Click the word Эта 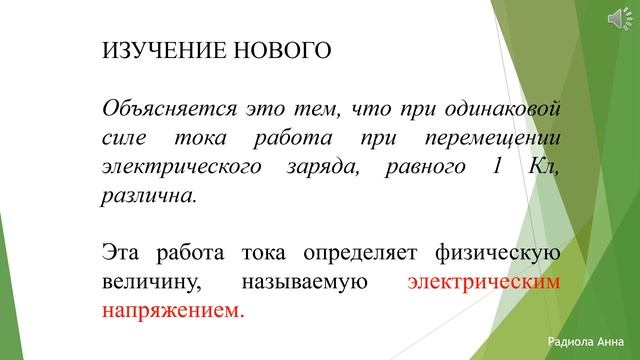click(122, 251)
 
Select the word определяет click(361, 251)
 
